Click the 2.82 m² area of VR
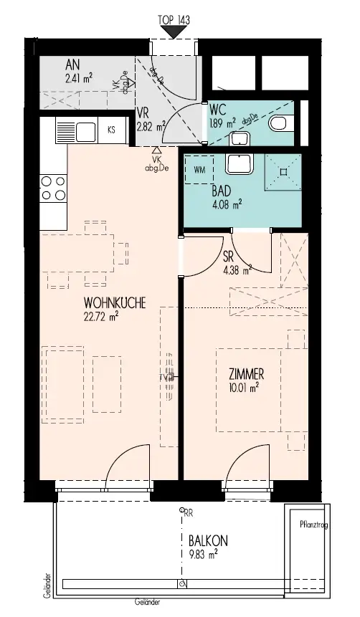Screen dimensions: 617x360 (151, 125)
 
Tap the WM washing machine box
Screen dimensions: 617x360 (199, 171)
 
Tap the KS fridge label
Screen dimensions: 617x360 (111, 130)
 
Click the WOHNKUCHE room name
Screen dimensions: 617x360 (115, 303)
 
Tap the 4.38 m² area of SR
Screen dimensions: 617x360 (237, 271)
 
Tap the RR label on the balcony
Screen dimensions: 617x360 (188, 512)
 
